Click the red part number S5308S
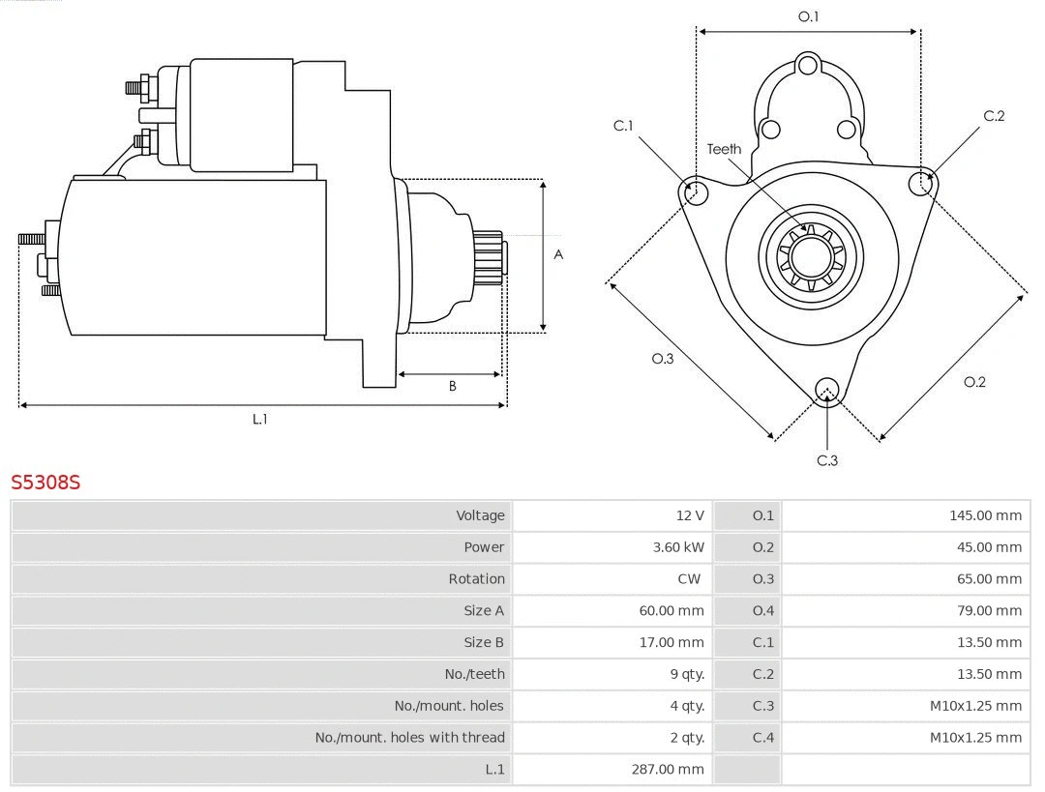tap(45, 482)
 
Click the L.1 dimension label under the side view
tap(259, 419)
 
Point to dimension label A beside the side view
tap(558, 255)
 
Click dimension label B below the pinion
tap(452, 386)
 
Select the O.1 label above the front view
tap(808, 16)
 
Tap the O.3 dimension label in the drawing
tap(662, 359)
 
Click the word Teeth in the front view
tap(724, 149)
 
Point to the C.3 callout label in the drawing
tap(827, 460)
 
